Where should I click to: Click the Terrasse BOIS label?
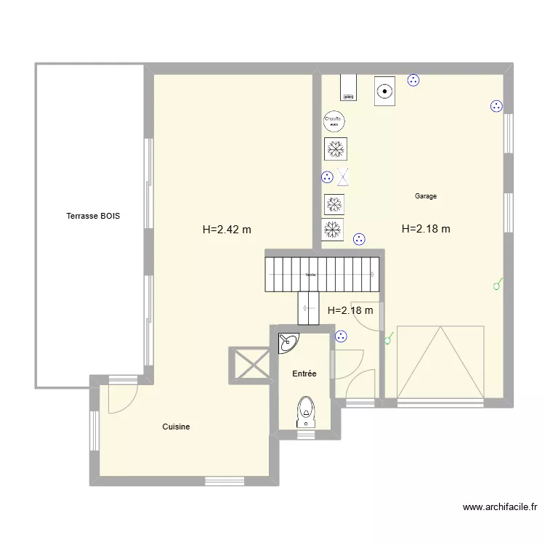point(93,216)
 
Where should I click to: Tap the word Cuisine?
point(176,427)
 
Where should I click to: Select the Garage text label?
point(425,196)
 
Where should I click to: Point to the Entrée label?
point(304,374)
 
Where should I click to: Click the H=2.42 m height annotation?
point(227,230)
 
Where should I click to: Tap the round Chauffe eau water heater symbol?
point(334,121)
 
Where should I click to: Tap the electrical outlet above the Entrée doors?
point(341,336)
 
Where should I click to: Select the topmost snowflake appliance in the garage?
point(335,149)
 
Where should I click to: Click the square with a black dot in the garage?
point(384,92)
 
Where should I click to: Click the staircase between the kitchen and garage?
point(322,274)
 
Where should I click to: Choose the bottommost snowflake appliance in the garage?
point(333,229)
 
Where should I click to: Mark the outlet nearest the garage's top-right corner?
point(497,106)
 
